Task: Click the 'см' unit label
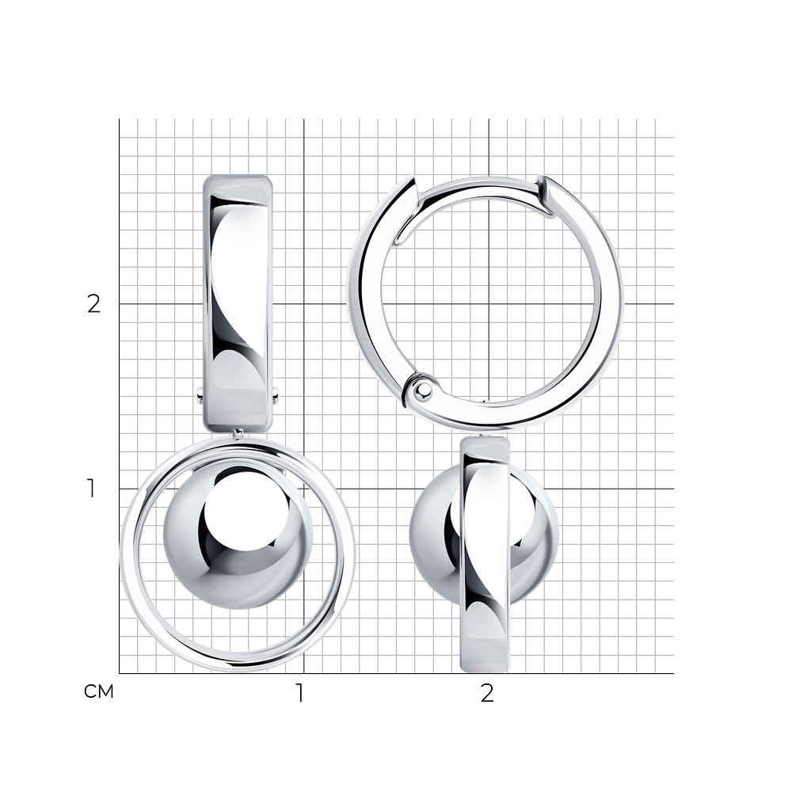click(x=99, y=691)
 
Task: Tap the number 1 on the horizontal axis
click(x=300, y=693)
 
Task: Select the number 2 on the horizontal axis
click(x=487, y=693)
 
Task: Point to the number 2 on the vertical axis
click(x=94, y=304)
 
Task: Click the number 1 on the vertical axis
click(x=91, y=489)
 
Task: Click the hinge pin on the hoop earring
click(x=424, y=389)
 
